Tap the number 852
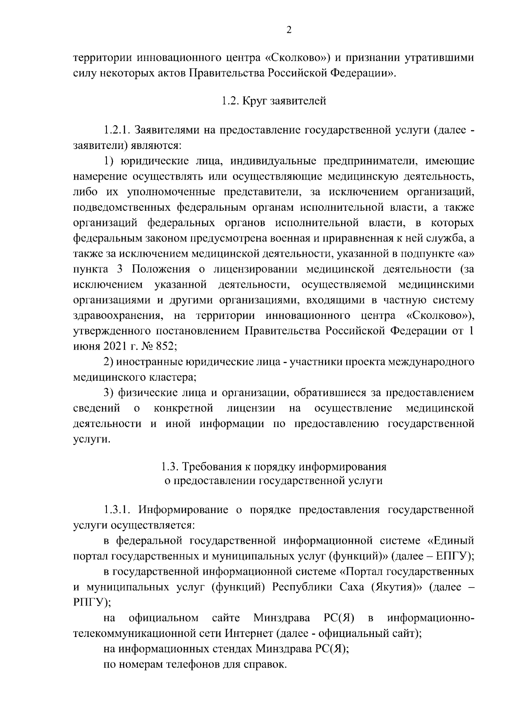(x=164, y=346)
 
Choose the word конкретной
(x=183, y=408)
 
